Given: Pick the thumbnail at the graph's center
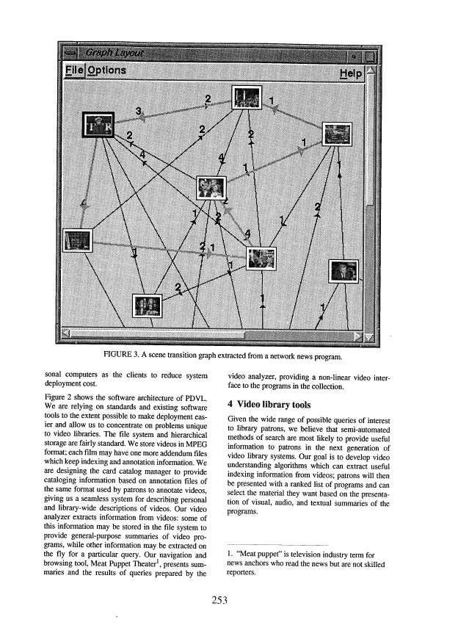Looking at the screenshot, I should (x=211, y=189).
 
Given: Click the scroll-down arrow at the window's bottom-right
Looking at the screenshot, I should (x=369, y=336).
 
